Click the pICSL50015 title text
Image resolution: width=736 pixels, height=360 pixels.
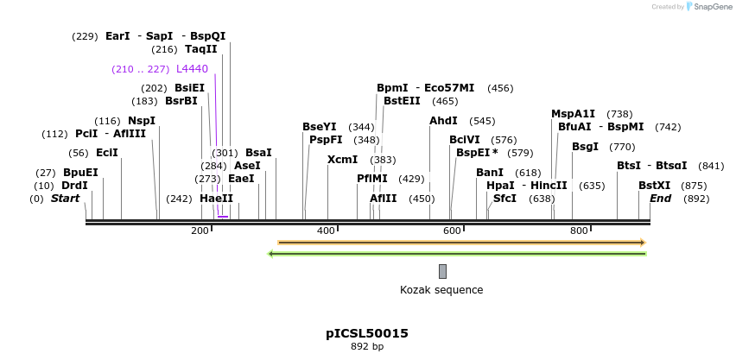coord(367,333)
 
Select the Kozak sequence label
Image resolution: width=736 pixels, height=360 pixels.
coord(441,290)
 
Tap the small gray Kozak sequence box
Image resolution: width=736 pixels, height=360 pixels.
coord(442,271)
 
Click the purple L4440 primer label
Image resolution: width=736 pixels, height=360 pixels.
coord(192,69)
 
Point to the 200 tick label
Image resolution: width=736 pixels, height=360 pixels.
coord(200,231)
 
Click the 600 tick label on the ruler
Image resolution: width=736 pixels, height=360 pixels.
coord(453,231)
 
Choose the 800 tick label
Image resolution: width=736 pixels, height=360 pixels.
coord(579,231)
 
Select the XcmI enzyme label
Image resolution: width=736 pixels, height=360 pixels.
coord(342,160)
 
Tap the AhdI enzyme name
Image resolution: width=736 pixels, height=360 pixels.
coord(443,121)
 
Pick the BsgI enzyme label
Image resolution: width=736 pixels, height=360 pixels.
coord(585,147)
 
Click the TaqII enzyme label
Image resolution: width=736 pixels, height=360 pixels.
coord(201,49)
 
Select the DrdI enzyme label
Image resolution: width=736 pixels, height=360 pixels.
coord(74,186)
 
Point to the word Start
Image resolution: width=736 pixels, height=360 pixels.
coord(66,199)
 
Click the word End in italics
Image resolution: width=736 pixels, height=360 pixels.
coord(661,199)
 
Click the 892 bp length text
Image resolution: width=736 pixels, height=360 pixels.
coord(367,346)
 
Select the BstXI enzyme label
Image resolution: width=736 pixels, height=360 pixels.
coord(654,186)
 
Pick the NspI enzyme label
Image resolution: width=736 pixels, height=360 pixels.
coord(142,121)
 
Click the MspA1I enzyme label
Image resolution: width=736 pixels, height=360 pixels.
coord(573,114)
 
